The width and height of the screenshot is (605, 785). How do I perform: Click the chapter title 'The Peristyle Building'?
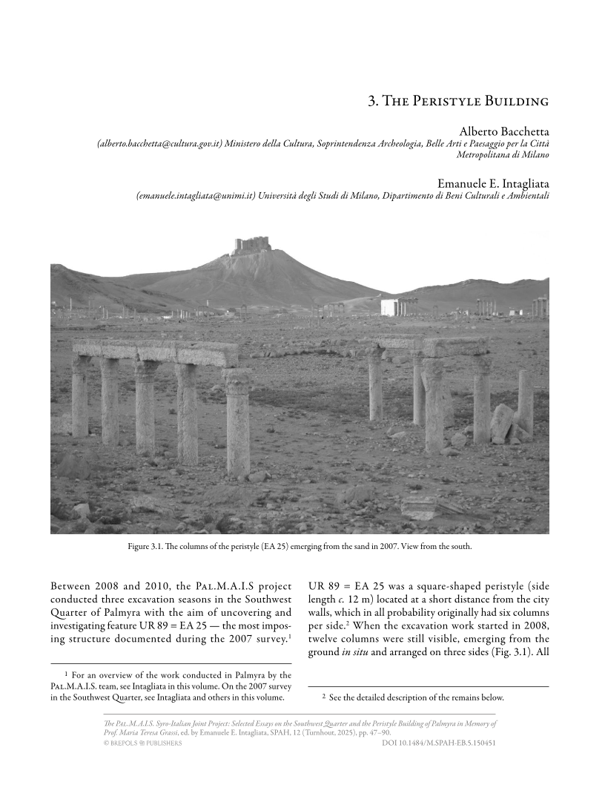click(x=458, y=100)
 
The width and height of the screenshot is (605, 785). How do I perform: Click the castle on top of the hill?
click(x=251, y=245)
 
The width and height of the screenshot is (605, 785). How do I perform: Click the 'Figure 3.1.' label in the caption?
click(x=148, y=548)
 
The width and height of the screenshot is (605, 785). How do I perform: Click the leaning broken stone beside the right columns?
click(x=502, y=423)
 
